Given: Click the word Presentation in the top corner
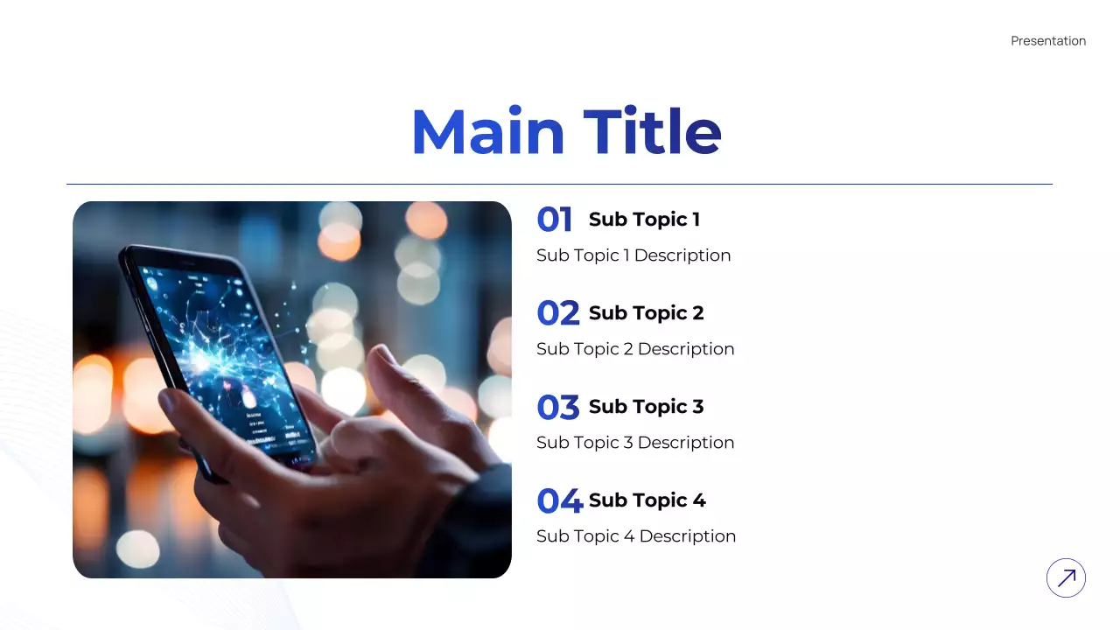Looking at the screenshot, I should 1047,41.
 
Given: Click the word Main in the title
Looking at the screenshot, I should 487,132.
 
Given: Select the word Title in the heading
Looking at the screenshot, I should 652,132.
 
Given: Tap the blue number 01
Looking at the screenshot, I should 555,220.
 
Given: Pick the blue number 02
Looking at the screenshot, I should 558,313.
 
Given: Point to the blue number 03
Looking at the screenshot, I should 558,407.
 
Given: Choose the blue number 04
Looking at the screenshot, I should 559,500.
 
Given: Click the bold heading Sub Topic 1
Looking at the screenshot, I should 644,220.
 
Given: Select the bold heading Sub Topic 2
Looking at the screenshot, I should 646,313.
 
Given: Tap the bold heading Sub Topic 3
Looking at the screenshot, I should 646,407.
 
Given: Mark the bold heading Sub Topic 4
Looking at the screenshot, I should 647,500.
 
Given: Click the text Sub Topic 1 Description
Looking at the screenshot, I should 633,255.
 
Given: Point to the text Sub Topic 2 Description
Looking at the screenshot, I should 635,349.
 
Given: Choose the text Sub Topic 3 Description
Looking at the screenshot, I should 635,443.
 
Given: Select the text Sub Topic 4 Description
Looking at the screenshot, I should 636,536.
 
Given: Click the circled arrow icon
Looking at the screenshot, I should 1066,577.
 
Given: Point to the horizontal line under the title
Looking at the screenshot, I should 559,185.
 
